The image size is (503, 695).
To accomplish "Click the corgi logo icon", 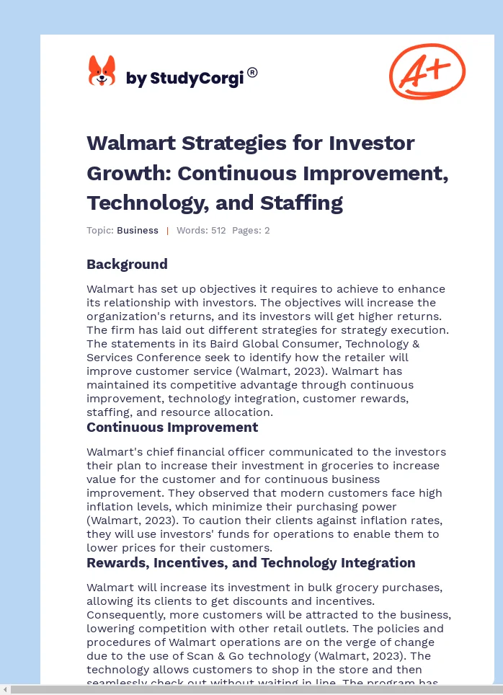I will point(102,71).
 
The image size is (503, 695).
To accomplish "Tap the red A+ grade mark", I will point(427,71).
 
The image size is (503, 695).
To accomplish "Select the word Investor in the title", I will point(372,143).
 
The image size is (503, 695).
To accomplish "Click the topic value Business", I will point(137,231).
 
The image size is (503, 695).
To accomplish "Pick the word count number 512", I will point(218,231).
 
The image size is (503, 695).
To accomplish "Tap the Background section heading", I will point(127,264).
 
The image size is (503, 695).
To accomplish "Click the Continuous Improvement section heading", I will point(172,427).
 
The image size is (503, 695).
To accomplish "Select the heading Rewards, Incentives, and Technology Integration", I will point(251,562).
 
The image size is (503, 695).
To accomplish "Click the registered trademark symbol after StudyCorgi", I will point(252,72).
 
